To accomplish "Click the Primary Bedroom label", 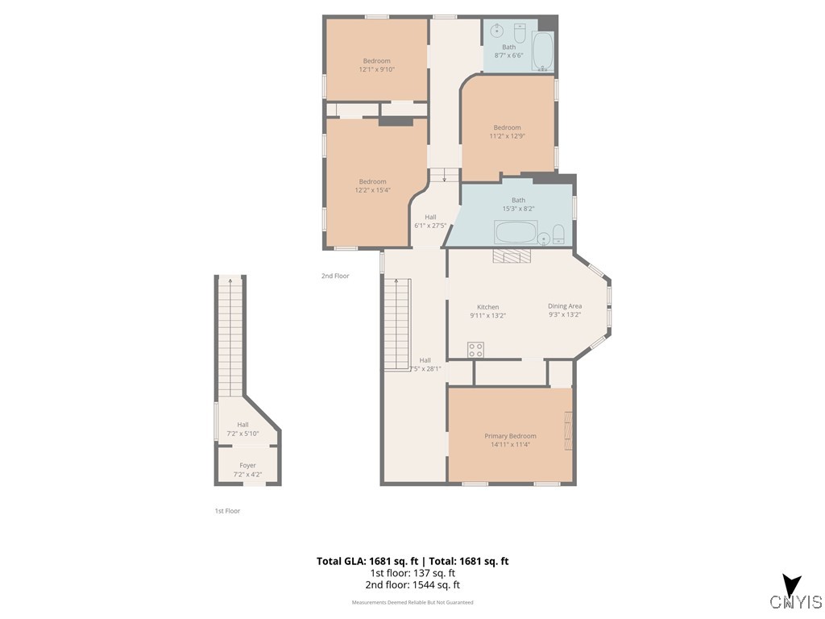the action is tap(510, 436).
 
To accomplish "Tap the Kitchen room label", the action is tap(487, 307).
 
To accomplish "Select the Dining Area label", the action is tap(565, 305).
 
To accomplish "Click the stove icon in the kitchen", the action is tap(475, 350).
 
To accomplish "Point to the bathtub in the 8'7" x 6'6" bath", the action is tap(542, 51).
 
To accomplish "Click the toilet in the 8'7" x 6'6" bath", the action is tap(520, 32).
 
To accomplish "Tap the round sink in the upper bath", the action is tap(496, 31).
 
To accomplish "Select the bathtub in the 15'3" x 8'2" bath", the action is tap(516, 232).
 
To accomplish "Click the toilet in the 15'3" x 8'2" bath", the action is tap(558, 235).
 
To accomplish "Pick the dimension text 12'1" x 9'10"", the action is tap(377, 69).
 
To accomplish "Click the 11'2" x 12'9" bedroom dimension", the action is tap(508, 135).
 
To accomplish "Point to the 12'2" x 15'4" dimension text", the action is tap(372, 190).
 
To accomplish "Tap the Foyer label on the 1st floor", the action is tap(247, 465).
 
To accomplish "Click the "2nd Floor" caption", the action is tap(335, 276).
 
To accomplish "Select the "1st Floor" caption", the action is tap(227, 510).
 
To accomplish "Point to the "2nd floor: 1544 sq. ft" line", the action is tap(412, 585).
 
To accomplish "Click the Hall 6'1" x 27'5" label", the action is tap(430, 222).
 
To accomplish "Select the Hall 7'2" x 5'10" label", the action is tap(243, 429).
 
